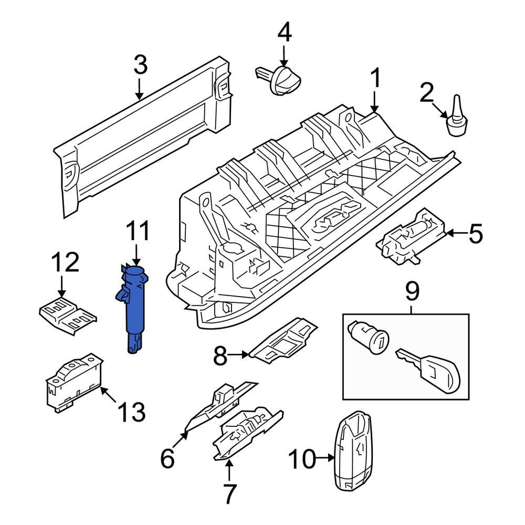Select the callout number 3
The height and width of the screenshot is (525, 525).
pyautogui.click(x=140, y=66)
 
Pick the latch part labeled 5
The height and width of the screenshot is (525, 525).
pyautogui.click(x=412, y=236)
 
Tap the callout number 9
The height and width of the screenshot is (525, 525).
pyautogui.click(x=412, y=291)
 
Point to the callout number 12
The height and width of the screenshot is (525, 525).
pyautogui.click(x=65, y=262)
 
